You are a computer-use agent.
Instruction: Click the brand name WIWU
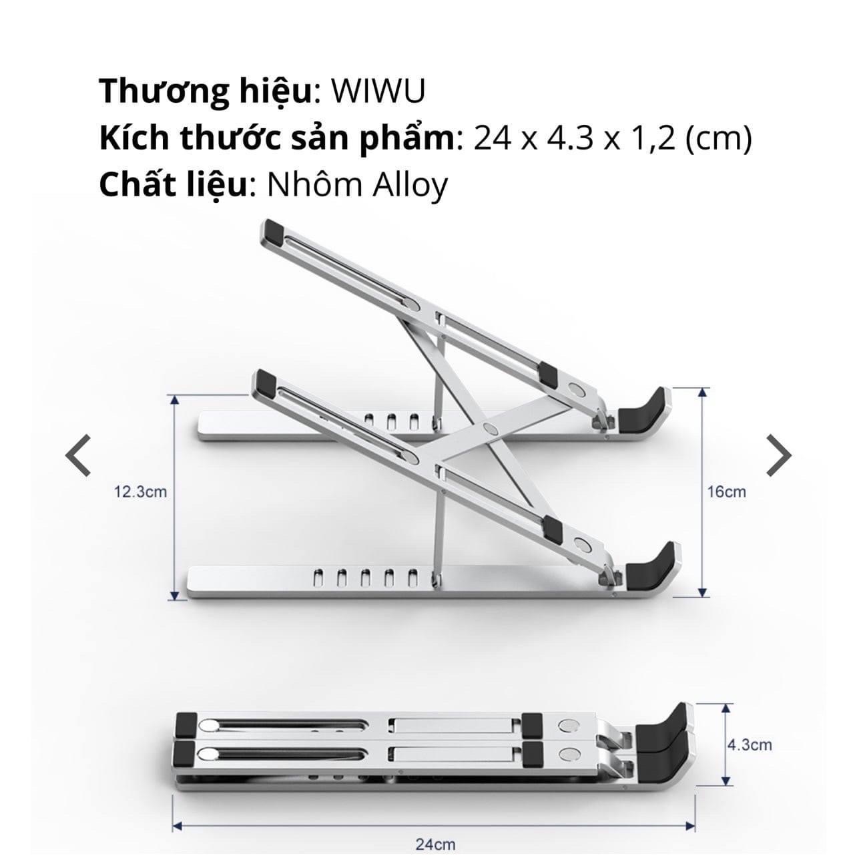point(378,91)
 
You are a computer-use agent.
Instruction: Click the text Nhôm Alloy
point(357,186)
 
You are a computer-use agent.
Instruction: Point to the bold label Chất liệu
point(173,186)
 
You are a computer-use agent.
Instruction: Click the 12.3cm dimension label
point(141,492)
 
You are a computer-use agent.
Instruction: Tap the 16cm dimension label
point(727,491)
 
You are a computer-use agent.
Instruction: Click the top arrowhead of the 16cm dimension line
point(703,393)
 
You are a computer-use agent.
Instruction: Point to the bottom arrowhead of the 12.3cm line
point(175,596)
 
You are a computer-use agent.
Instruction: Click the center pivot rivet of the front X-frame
point(490,429)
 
